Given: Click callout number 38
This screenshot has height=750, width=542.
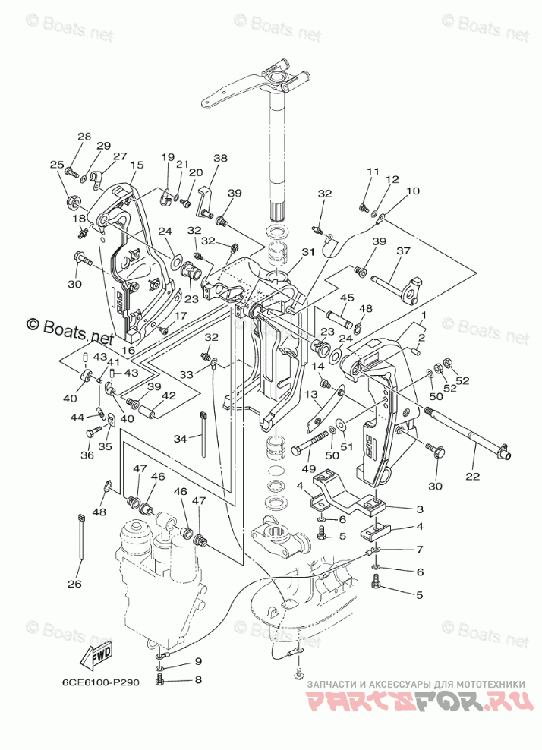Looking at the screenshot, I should coord(220,159).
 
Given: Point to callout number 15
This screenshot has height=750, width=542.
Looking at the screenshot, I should coord(137,165).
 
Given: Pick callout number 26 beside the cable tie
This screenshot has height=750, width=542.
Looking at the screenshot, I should coord(74,585).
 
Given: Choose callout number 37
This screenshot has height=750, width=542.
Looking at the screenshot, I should coord(403,251).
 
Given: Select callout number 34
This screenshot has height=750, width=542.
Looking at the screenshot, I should coord(180,439).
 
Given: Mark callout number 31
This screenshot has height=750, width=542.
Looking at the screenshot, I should coord(307,252).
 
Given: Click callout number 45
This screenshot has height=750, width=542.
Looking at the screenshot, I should coord(347,297).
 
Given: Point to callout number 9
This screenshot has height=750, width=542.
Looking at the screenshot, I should coord(198,660).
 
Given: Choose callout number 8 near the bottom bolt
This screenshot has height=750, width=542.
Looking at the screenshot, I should coord(198,679).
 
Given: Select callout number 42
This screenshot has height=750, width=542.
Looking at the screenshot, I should coord(169,395).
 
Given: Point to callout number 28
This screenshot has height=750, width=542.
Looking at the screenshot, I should coord(84,136).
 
